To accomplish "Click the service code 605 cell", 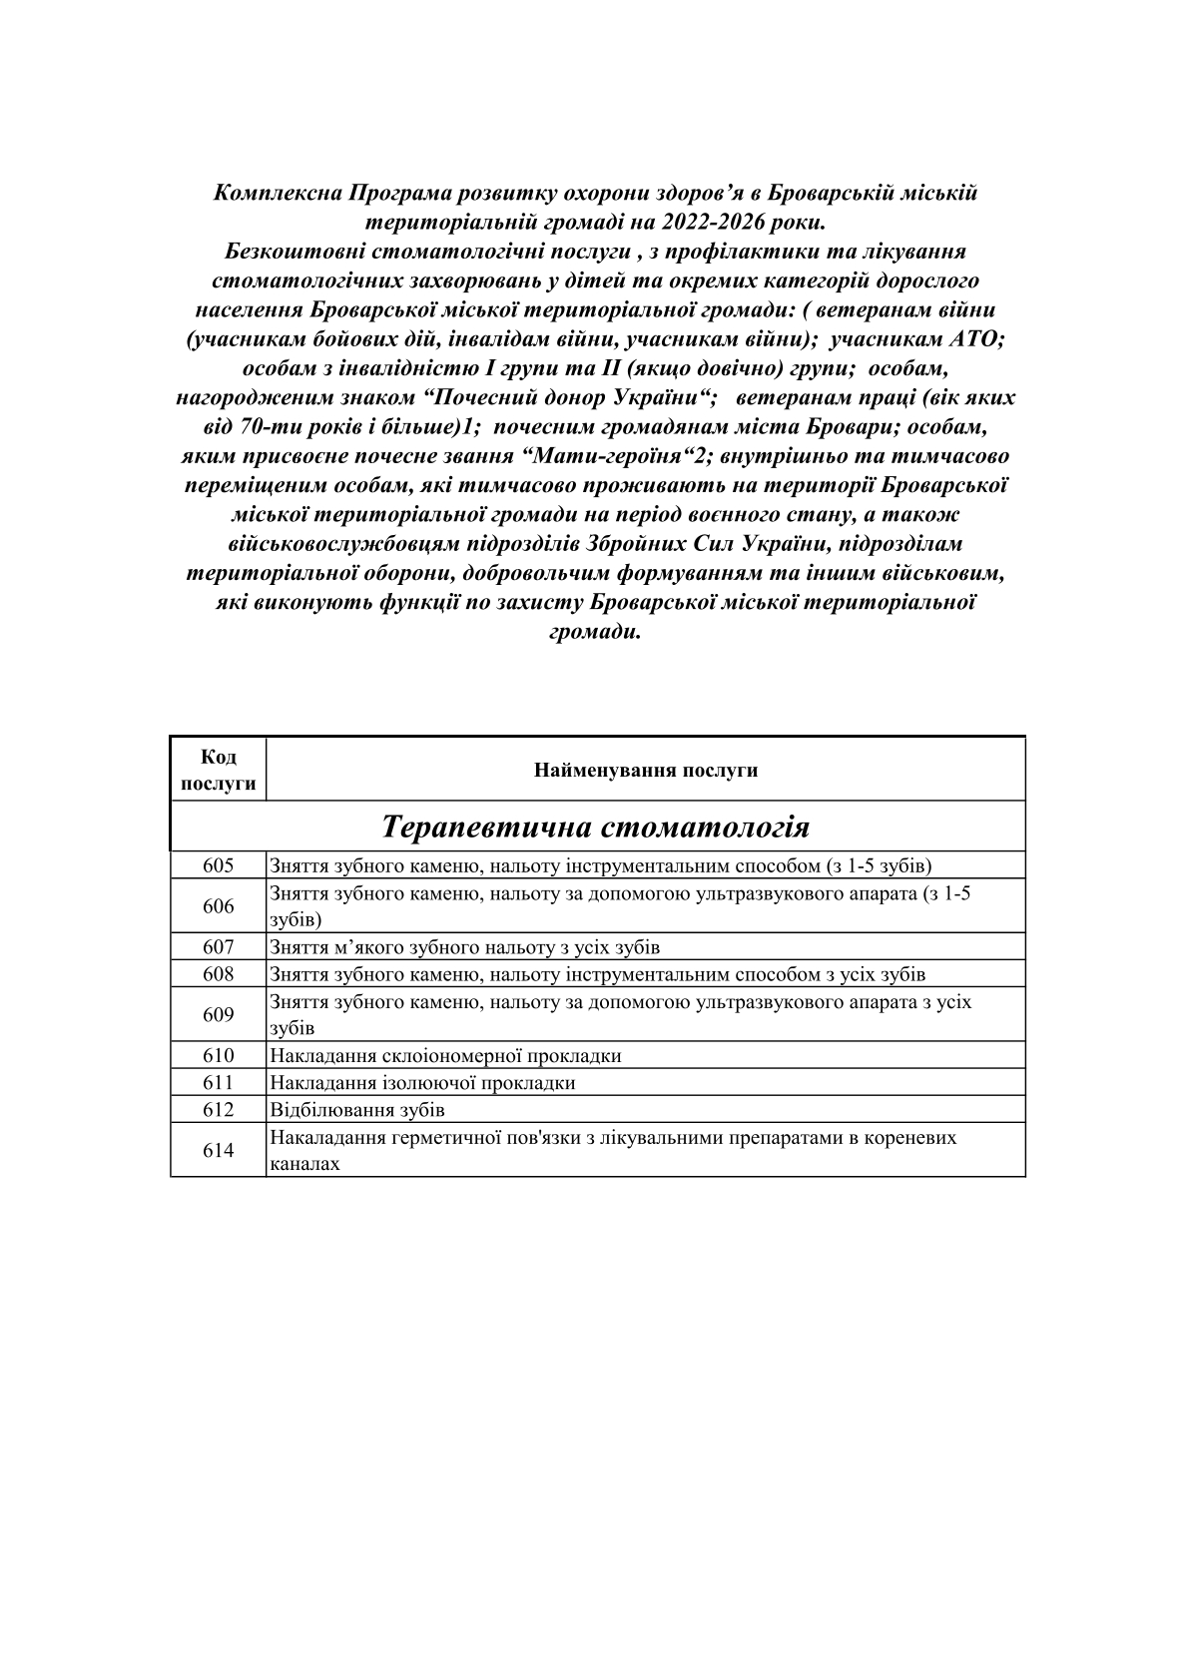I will [x=218, y=865].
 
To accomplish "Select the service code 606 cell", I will [x=218, y=906].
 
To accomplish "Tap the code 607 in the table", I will [x=218, y=947].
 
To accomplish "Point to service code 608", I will [x=218, y=974].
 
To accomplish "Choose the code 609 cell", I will [x=218, y=1015].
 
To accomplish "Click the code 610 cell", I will [x=218, y=1056].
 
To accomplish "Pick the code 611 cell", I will [x=218, y=1083].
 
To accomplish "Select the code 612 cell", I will [x=218, y=1110].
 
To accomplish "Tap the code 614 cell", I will [x=218, y=1151].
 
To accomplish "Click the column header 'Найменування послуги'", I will [x=645, y=771].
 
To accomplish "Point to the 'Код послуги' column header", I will [x=218, y=771].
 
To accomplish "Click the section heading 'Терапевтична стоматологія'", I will [x=596, y=828].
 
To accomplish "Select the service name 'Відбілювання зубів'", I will [x=357, y=1110].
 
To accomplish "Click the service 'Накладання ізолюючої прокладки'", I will [x=422, y=1083].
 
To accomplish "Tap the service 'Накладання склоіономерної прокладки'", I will [x=445, y=1056].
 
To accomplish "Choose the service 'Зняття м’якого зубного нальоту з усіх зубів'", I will [x=464, y=947].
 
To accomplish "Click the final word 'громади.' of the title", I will [x=595, y=633].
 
